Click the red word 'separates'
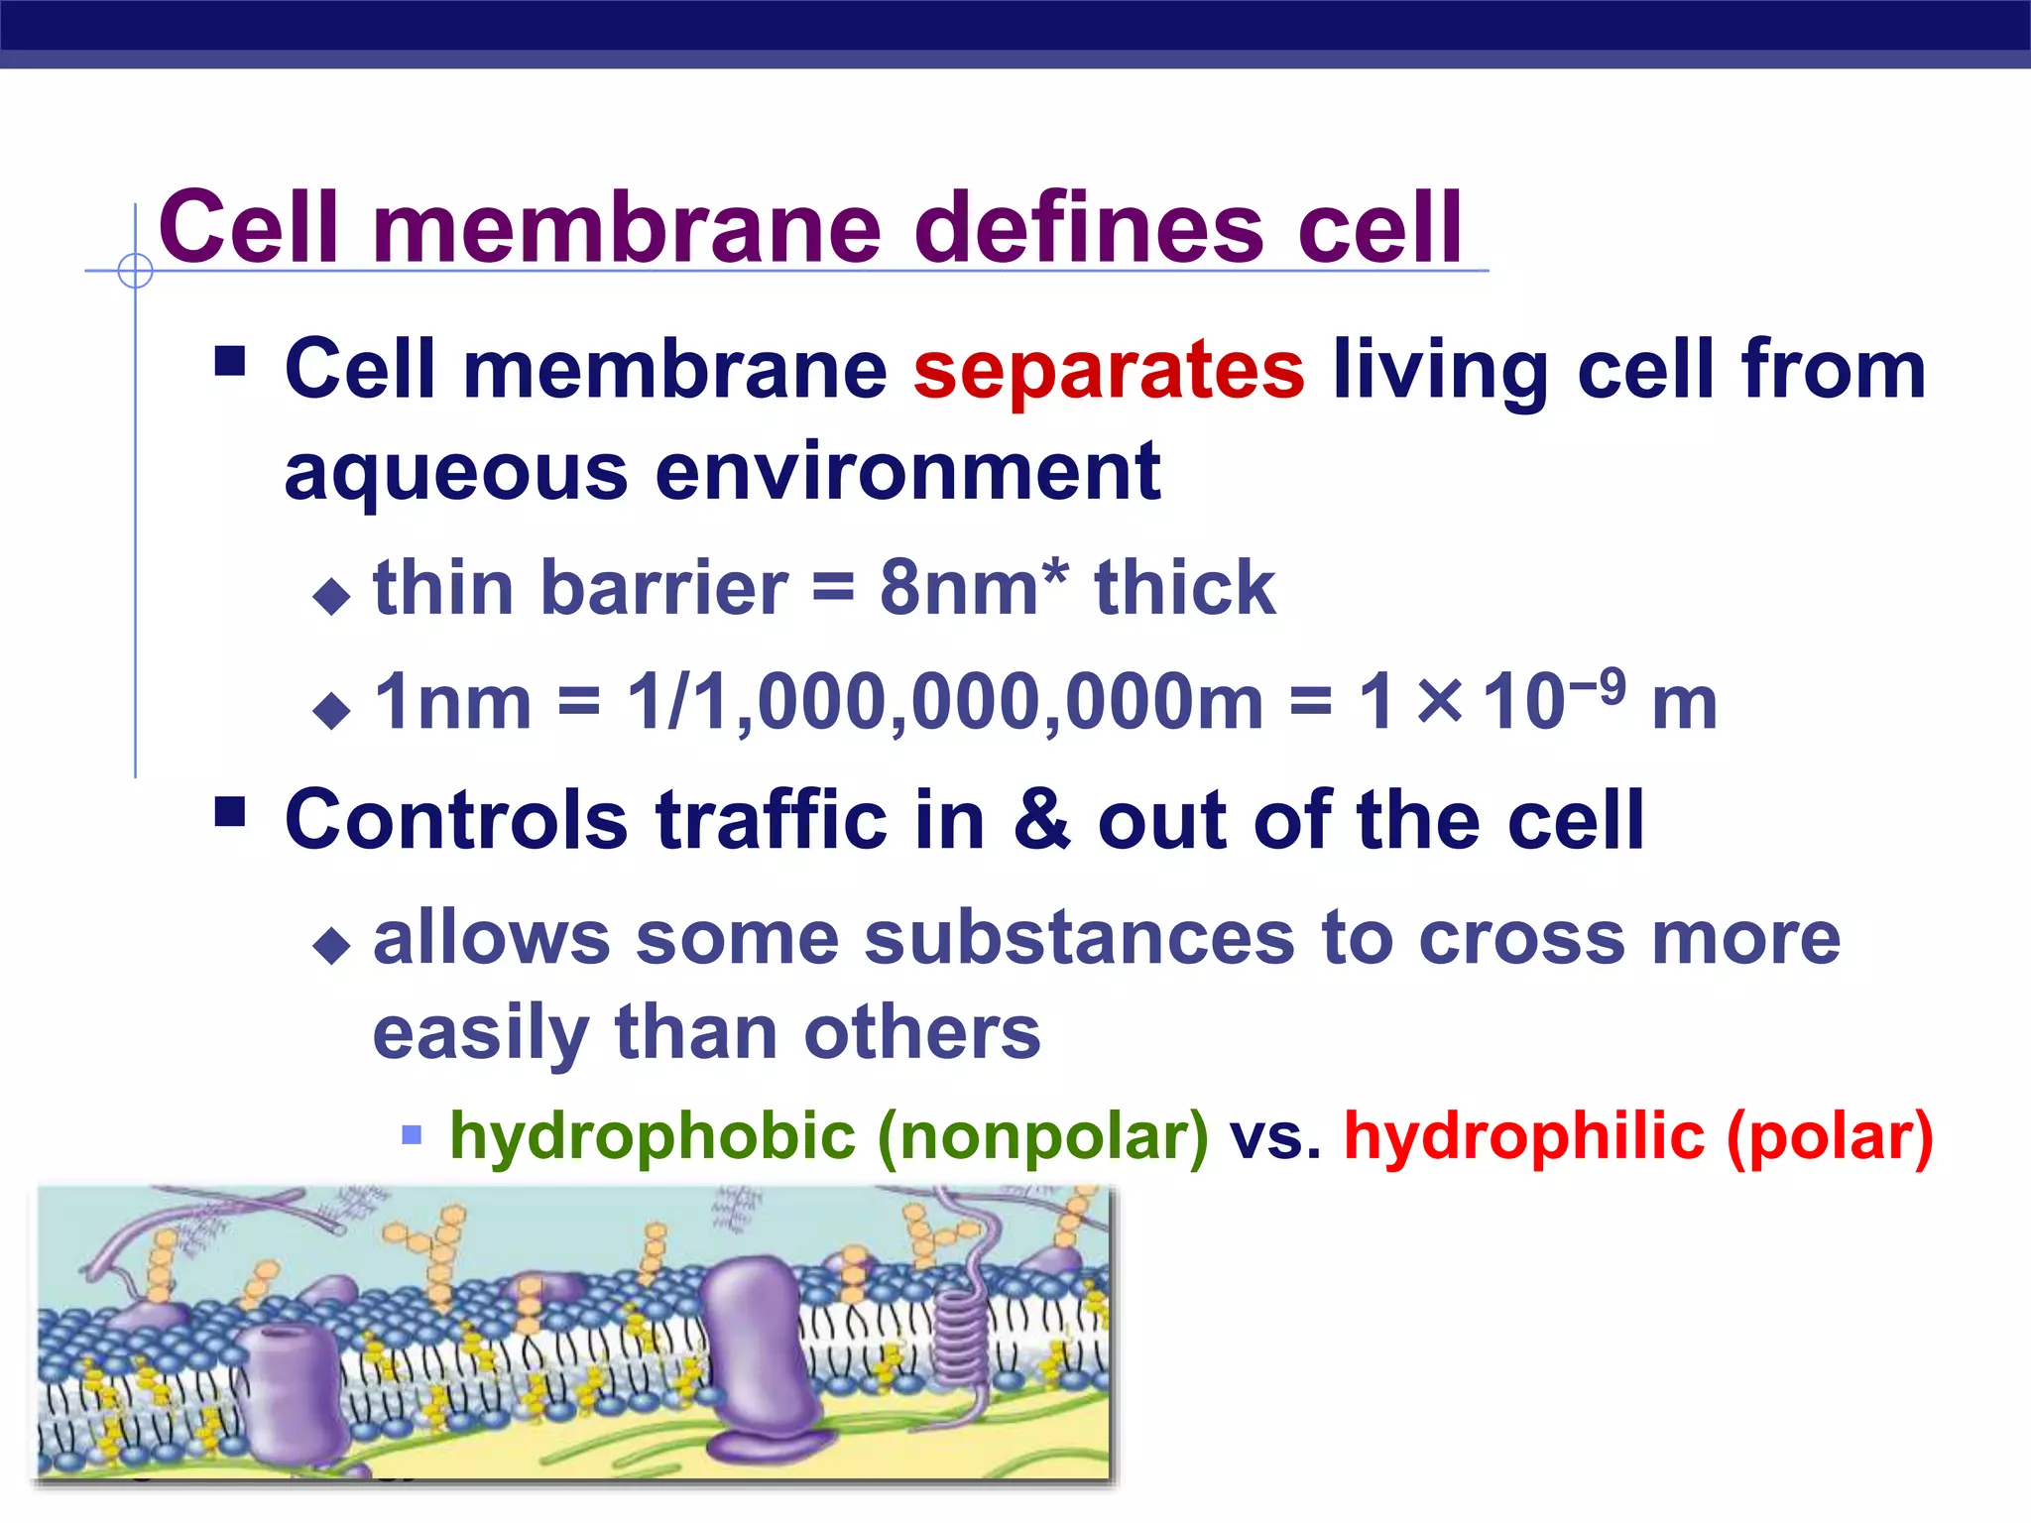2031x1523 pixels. tap(1108, 370)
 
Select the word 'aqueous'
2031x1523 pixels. tap(455, 473)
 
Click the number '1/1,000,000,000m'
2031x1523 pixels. tap(945, 703)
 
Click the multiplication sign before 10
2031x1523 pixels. tap(1439, 702)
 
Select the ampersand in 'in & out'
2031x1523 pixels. tap(1041, 821)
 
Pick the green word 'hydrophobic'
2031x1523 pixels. tap(652, 1136)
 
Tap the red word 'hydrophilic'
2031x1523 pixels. tap(1524, 1136)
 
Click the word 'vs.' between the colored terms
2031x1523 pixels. tap(1275, 1136)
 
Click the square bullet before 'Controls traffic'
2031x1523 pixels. tap(230, 813)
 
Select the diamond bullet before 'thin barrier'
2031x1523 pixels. tap(331, 596)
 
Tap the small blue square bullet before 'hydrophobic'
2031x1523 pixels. tap(412, 1134)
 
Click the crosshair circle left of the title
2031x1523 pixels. tap(135, 271)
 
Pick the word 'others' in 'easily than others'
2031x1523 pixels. tap(922, 1033)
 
